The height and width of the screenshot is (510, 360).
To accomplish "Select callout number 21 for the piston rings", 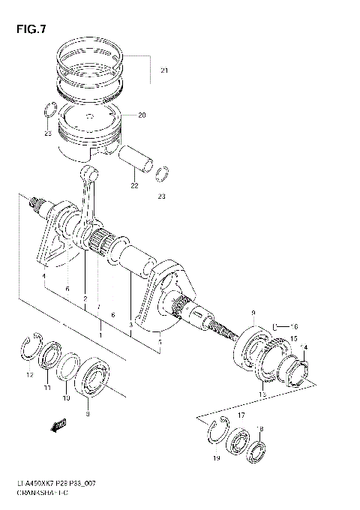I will tap(163, 71).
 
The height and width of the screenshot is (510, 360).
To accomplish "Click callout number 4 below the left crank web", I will tap(44, 277).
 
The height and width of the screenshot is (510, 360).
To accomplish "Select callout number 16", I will tap(295, 327).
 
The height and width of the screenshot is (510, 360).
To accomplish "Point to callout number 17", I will tap(241, 414).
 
